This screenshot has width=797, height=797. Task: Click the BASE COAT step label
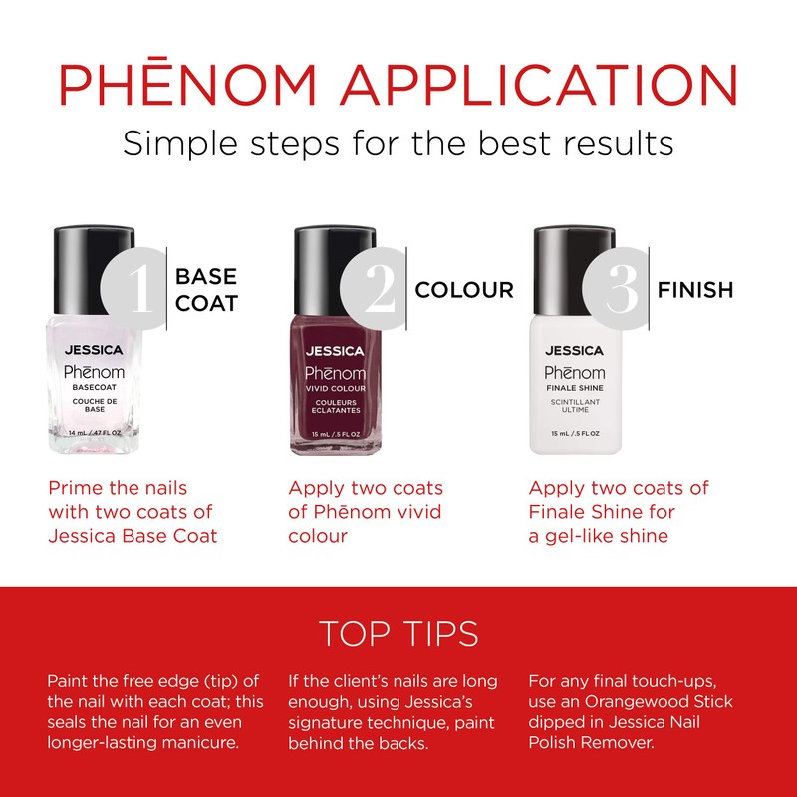(x=206, y=289)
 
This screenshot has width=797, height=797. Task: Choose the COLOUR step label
(x=464, y=290)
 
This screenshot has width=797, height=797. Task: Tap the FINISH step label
(x=695, y=290)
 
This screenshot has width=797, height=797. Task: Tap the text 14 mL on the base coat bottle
(x=79, y=434)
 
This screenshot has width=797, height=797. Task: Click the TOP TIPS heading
(x=398, y=634)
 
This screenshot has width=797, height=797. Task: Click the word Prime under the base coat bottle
(x=75, y=489)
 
